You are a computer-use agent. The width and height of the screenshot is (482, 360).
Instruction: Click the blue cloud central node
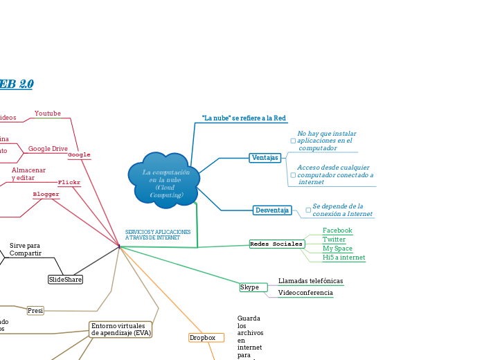pyautogui.click(x=164, y=178)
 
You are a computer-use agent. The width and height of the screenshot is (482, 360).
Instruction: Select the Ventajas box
pyautogui.click(x=265, y=158)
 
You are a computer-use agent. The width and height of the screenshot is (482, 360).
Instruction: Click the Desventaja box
pyautogui.click(x=272, y=210)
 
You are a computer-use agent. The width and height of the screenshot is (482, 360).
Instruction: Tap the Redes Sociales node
pyautogui.click(x=276, y=244)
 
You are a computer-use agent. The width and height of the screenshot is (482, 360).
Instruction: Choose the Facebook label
pyautogui.click(x=337, y=231)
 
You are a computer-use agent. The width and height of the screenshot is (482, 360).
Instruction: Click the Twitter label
pyautogui.click(x=334, y=240)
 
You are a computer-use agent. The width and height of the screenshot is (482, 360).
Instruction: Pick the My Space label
pyautogui.click(x=337, y=249)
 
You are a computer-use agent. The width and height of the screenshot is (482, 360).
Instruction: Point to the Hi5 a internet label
pyautogui.click(x=343, y=258)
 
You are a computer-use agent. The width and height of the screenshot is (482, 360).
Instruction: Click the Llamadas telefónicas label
pyautogui.click(x=310, y=281)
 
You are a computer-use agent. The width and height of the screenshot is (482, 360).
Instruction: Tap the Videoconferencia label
pyautogui.click(x=305, y=293)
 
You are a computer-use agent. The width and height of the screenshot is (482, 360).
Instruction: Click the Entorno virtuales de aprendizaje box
pyautogui.click(x=120, y=330)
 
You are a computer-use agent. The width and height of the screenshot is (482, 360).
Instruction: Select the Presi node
pyautogui.click(x=35, y=311)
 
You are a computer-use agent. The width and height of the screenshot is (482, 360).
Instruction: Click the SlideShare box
pyautogui.click(x=65, y=280)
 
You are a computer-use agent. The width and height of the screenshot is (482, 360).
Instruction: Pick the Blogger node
pyautogui.click(x=46, y=195)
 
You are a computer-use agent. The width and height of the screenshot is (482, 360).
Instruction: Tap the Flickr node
pyautogui.click(x=69, y=183)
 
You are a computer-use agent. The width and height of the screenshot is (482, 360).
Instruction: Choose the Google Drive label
pyautogui.click(x=48, y=149)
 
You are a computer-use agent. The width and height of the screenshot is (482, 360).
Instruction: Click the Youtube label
pyautogui.click(x=48, y=114)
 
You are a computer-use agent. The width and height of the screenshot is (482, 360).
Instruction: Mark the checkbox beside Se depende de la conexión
pyautogui.click(x=308, y=210)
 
